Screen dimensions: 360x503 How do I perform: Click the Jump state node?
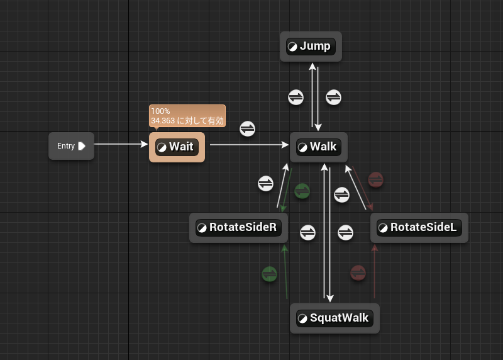click(311, 47)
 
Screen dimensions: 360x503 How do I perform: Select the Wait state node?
click(177, 147)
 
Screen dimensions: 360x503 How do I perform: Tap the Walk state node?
click(319, 147)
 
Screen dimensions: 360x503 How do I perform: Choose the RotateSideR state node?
click(238, 228)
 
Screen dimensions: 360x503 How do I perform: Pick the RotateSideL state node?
click(419, 228)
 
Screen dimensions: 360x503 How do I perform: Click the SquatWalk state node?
click(336, 318)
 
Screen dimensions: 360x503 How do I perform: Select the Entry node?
click(70, 146)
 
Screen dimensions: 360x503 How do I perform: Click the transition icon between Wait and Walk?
click(248, 128)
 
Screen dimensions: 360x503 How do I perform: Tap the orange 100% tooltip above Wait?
click(187, 116)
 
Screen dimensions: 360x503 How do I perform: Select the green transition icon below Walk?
click(302, 191)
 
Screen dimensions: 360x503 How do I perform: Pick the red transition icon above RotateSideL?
click(376, 179)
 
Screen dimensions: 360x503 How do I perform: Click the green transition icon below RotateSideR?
click(269, 274)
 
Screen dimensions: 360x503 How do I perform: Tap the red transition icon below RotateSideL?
click(358, 273)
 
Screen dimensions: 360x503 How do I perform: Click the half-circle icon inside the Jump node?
click(292, 47)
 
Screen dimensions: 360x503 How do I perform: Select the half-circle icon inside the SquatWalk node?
click(302, 318)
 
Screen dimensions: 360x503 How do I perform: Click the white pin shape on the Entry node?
click(81, 146)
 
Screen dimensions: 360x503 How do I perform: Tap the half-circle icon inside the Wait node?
click(162, 147)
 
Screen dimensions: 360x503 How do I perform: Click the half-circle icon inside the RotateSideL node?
click(383, 228)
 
